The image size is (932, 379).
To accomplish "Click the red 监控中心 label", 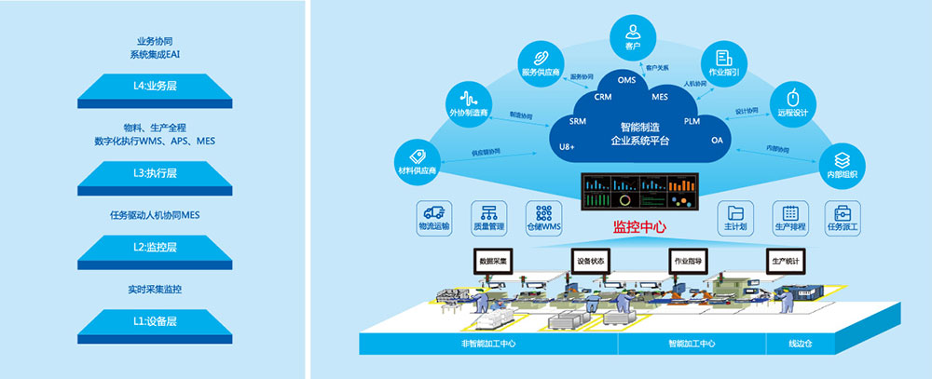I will (638, 226).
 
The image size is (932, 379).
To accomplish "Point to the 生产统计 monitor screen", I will (785, 262).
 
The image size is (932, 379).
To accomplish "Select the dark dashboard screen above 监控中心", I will (638, 193).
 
